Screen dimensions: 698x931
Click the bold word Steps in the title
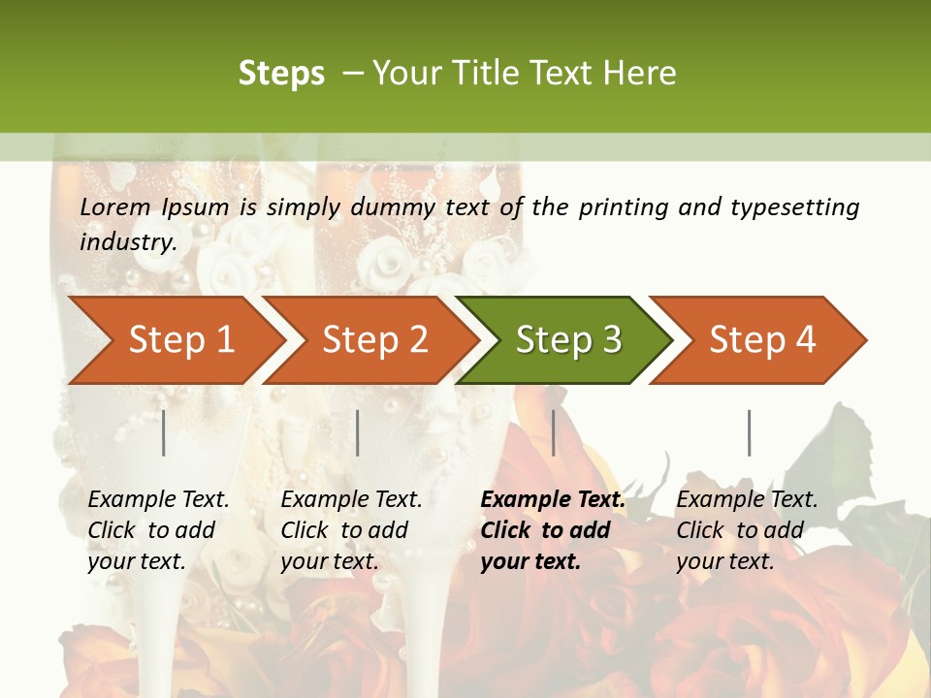tap(281, 74)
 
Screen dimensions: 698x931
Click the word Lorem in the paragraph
tap(115, 206)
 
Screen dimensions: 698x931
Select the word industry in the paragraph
tap(127, 241)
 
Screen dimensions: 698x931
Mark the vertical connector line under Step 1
tap(164, 432)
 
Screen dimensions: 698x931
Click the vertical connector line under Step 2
tap(358, 432)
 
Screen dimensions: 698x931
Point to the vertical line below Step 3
tap(553, 432)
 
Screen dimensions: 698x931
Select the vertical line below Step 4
tap(749, 432)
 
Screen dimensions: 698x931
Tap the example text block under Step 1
tap(158, 530)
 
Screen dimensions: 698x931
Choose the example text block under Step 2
tap(351, 530)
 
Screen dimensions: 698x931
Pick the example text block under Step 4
tap(747, 530)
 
